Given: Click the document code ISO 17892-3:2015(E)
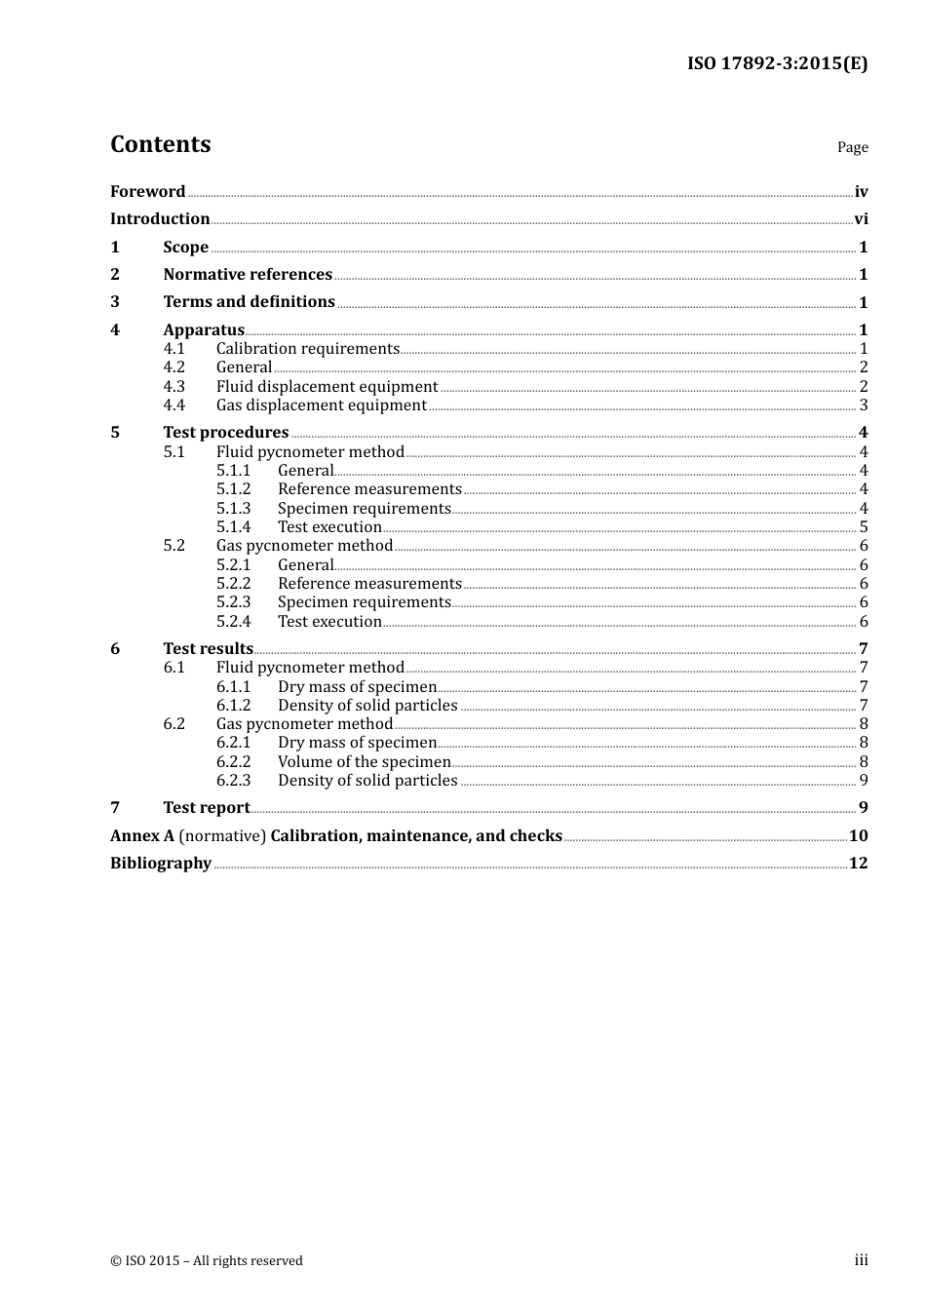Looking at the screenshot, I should pyautogui.click(x=777, y=63).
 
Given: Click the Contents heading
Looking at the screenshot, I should pyautogui.click(x=160, y=144).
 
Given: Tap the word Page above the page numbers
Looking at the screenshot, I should pyautogui.click(x=852, y=147).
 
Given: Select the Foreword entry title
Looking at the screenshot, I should pyautogui.click(x=147, y=192).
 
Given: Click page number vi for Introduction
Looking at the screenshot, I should pyautogui.click(x=861, y=219).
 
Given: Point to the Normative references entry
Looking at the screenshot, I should pyautogui.click(x=248, y=275).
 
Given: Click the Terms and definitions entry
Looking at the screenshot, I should pyautogui.click(x=249, y=302).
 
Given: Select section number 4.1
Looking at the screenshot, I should pyautogui.click(x=174, y=349).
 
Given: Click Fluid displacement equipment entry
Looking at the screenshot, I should pyautogui.click(x=327, y=387).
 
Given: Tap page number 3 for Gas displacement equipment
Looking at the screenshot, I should pyautogui.click(x=864, y=405).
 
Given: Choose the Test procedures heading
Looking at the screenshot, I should pyautogui.click(x=225, y=433).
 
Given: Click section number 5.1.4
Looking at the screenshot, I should pyautogui.click(x=233, y=527).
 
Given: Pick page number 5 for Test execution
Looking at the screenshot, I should pyautogui.click(x=864, y=527).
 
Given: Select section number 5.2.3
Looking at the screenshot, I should pyautogui.click(x=233, y=602).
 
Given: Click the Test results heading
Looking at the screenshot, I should pyautogui.click(x=208, y=649).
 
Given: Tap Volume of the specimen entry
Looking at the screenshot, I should pyautogui.click(x=364, y=762).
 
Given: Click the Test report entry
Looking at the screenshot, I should pyautogui.click(x=206, y=808).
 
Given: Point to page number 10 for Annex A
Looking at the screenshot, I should pyautogui.click(x=858, y=836).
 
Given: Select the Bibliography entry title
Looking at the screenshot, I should pyautogui.click(x=160, y=864).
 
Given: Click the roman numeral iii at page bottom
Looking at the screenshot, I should pyautogui.click(x=861, y=1260).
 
